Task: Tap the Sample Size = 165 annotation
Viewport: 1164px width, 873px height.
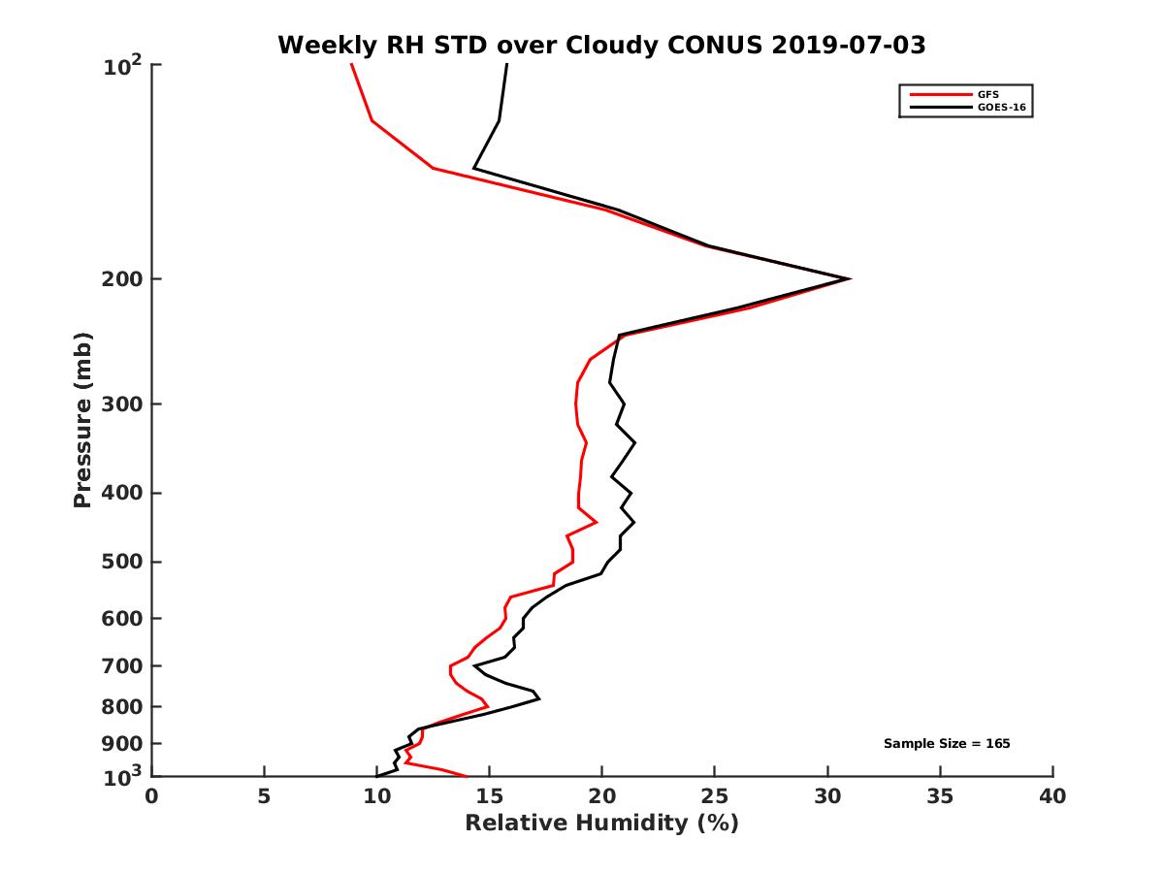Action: point(947,744)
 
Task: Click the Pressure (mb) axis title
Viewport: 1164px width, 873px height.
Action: point(82,420)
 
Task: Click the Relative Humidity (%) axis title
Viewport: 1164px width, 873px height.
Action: point(601,824)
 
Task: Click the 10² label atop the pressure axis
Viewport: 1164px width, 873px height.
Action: point(122,66)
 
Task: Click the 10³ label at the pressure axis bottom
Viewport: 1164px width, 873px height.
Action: point(122,775)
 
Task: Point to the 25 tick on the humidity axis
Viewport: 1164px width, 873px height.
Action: point(715,797)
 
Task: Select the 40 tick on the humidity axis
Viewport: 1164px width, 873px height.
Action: point(1052,797)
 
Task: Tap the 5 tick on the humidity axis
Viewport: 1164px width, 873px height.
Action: point(264,797)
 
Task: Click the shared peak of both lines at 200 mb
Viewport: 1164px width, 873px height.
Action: point(850,279)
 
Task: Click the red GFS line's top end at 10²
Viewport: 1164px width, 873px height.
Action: point(351,65)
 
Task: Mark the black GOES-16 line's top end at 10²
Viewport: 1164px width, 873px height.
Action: point(507,65)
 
